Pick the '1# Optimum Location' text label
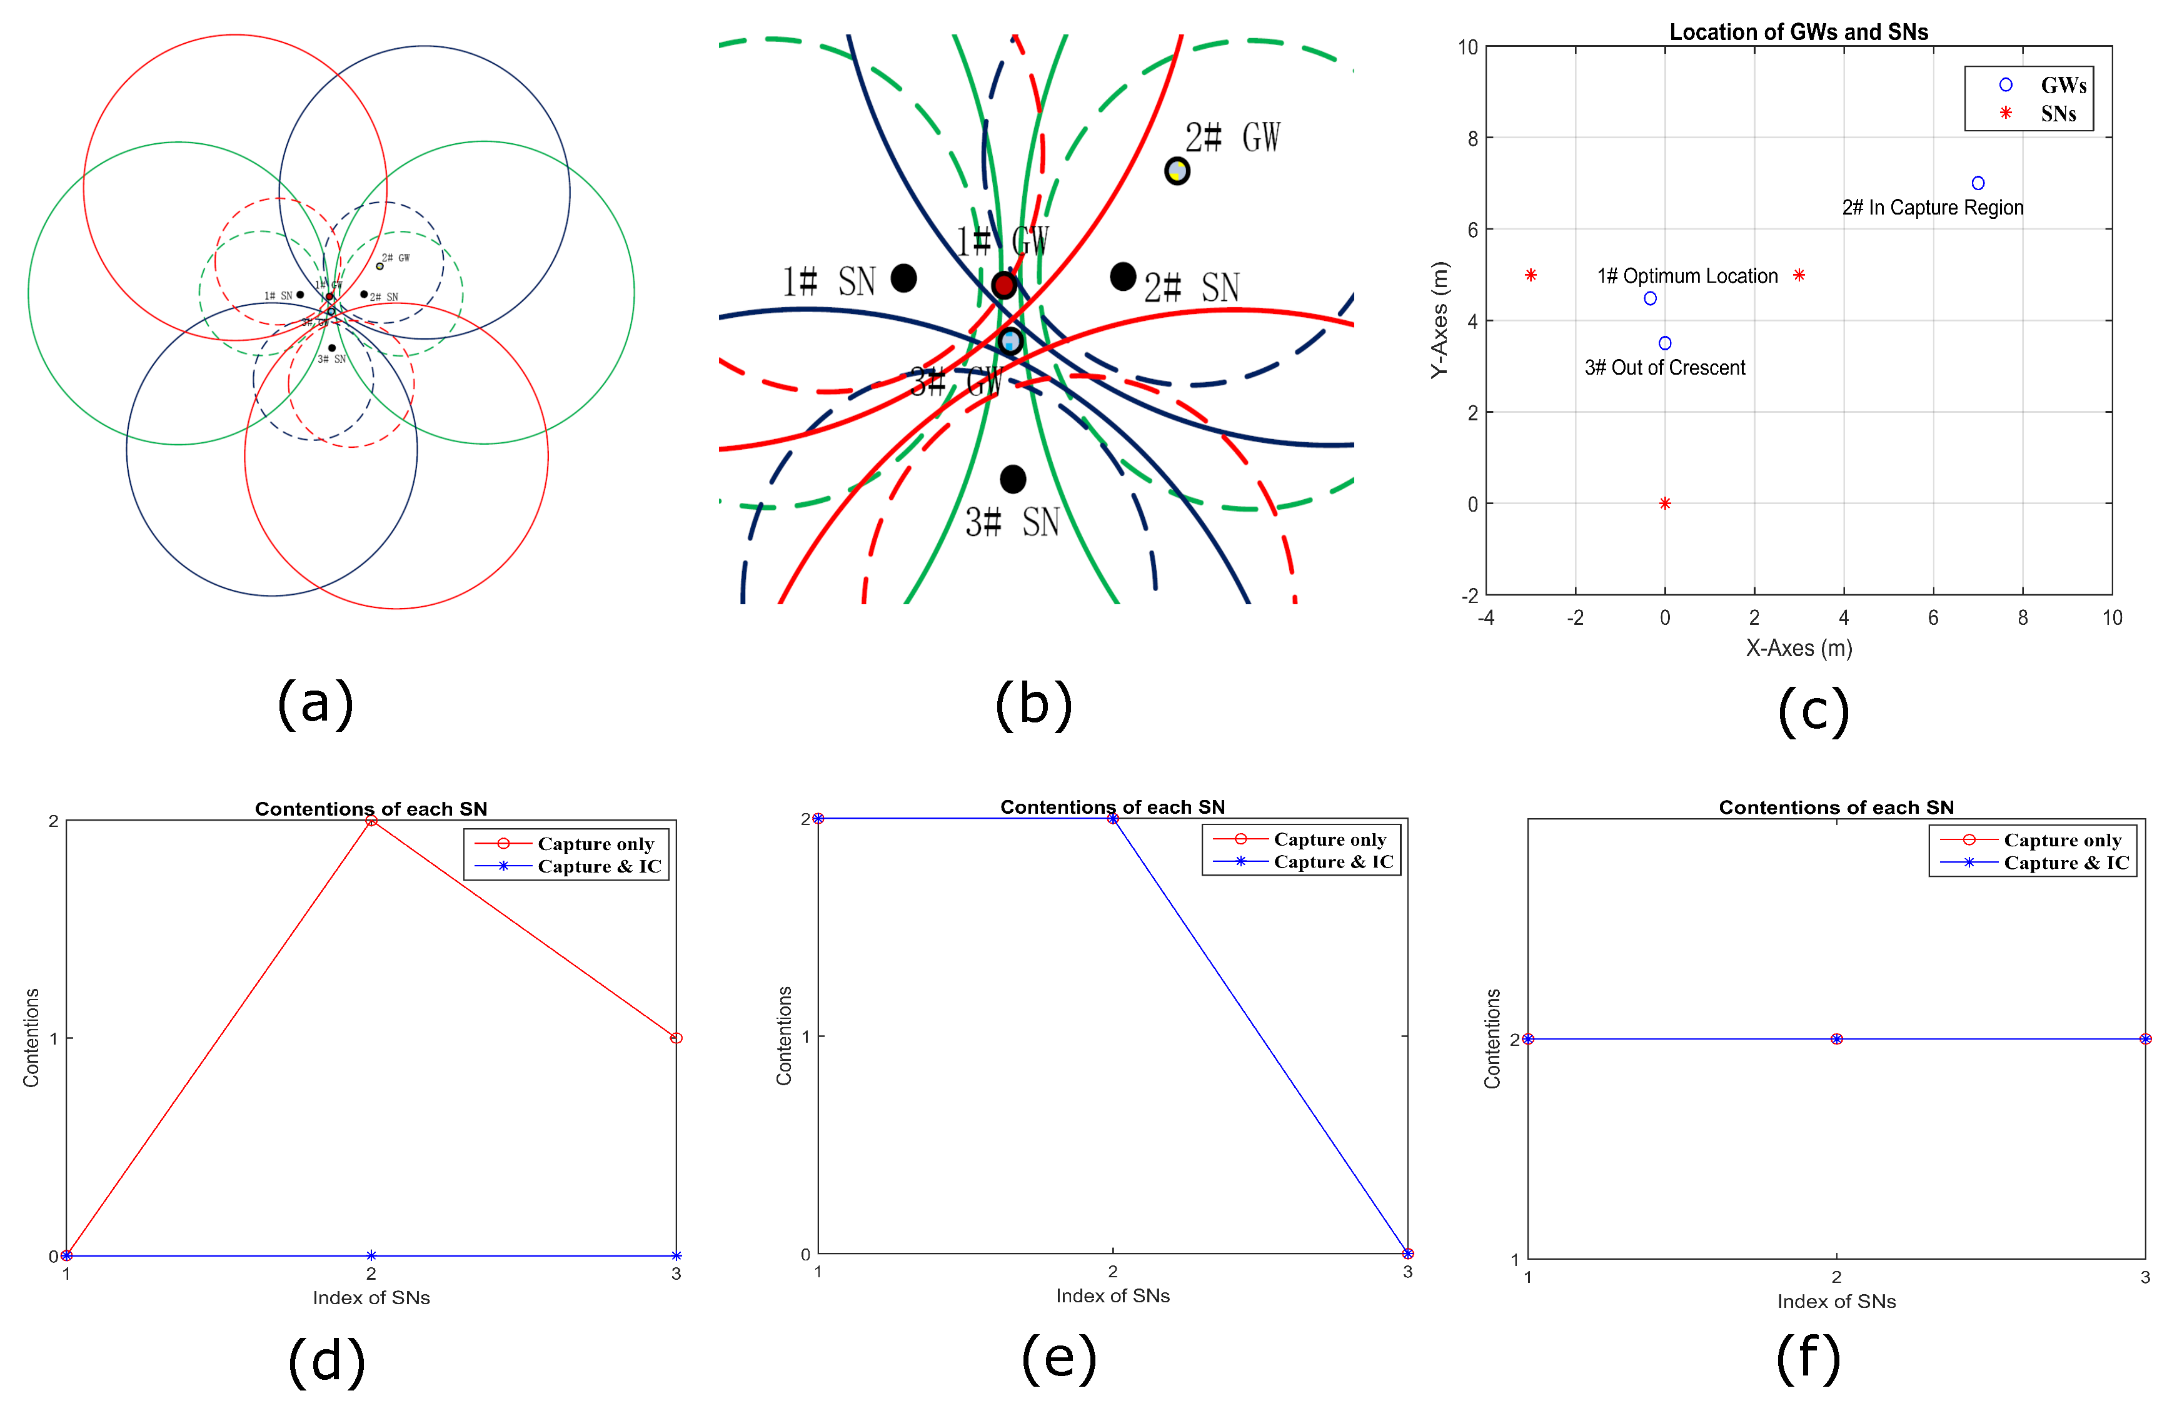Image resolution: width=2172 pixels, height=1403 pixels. click(1687, 276)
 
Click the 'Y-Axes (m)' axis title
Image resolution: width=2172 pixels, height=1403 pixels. click(1438, 320)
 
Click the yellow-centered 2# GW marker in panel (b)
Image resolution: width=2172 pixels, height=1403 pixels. click(1177, 170)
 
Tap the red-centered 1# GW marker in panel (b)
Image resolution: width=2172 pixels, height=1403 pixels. click(1003, 285)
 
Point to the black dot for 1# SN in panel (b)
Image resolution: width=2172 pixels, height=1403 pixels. click(903, 278)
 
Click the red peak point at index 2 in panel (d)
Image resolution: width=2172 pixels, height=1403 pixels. click(371, 821)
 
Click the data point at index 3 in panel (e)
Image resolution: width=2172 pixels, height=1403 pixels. click(1407, 1254)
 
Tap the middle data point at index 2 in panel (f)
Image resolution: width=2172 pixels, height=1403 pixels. click(1836, 1038)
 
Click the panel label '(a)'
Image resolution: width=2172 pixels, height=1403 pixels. click(315, 703)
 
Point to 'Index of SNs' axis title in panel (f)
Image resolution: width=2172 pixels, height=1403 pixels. click(1836, 1301)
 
